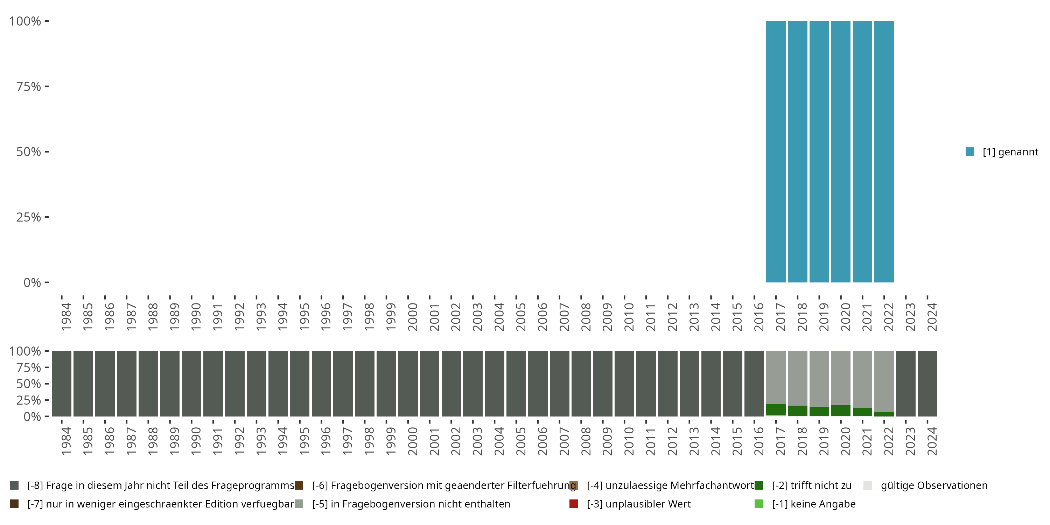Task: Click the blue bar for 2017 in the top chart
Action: [776, 152]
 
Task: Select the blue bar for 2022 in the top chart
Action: [884, 152]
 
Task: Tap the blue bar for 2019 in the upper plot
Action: [819, 152]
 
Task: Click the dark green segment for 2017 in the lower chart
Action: [776, 409]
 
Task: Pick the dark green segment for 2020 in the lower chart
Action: [840, 411]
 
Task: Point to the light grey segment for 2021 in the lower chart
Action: [862, 379]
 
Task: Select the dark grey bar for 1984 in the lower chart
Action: [62, 384]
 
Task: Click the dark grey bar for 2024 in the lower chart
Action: [927, 384]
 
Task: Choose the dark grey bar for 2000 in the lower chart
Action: [408, 384]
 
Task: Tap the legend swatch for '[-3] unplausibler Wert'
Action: [574, 504]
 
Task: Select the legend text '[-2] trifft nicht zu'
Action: [811, 485]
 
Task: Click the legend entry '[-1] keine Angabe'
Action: [813, 504]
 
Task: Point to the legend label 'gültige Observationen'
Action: [934, 485]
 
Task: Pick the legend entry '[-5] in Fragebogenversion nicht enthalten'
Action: [411, 504]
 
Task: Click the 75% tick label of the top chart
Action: [29, 86]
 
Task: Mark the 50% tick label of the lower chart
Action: [29, 384]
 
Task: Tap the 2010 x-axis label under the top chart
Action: [629, 317]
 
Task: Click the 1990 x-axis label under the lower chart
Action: [196, 441]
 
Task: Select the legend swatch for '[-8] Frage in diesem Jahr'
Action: [14, 485]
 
